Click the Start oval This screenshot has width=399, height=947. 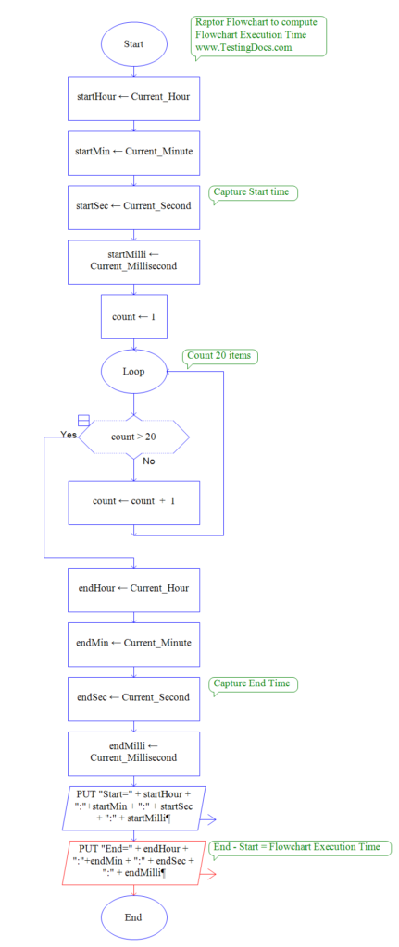tap(134, 43)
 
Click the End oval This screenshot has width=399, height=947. tap(134, 917)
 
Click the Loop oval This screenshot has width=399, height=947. tap(134, 371)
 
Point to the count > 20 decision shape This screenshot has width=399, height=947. tap(134, 436)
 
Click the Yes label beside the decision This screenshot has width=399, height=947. tap(69, 435)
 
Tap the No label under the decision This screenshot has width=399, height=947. tap(149, 460)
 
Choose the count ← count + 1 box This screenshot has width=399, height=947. tap(134, 501)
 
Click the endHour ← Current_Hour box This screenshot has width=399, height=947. tap(134, 587)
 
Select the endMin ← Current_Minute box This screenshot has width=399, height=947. tap(134, 642)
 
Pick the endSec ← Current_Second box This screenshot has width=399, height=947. tap(134, 696)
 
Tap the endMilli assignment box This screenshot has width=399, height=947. tap(134, 751)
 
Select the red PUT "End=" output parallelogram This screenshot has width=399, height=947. tap(134, 860)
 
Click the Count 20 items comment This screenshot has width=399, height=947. tap(221, 356)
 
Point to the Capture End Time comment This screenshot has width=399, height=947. tap(253, 683)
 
